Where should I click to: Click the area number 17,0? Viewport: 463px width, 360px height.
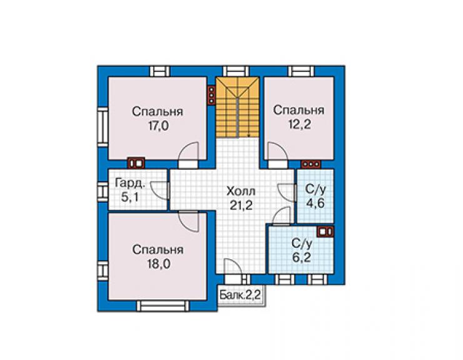(158, 126)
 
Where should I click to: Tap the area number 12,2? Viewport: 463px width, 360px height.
(300, 124)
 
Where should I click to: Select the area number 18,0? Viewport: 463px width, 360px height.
(159, 264)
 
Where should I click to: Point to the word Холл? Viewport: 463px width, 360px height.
(241, 191)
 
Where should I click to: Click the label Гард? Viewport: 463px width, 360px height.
(130, 183)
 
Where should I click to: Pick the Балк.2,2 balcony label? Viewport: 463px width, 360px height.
(240, 295)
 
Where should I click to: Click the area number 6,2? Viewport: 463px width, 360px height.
(302, 257)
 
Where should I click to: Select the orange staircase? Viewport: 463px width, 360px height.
(237, 107)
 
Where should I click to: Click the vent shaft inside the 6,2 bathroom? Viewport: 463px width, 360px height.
(325, 232)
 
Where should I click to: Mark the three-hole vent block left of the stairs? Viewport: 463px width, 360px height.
(211, 95)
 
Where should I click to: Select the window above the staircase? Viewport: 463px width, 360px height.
(236, 71)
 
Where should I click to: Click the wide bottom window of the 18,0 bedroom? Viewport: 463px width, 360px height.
(163, 306)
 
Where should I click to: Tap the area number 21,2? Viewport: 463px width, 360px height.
(241, 205)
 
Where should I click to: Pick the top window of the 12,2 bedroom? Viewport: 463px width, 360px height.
(302, 71)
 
